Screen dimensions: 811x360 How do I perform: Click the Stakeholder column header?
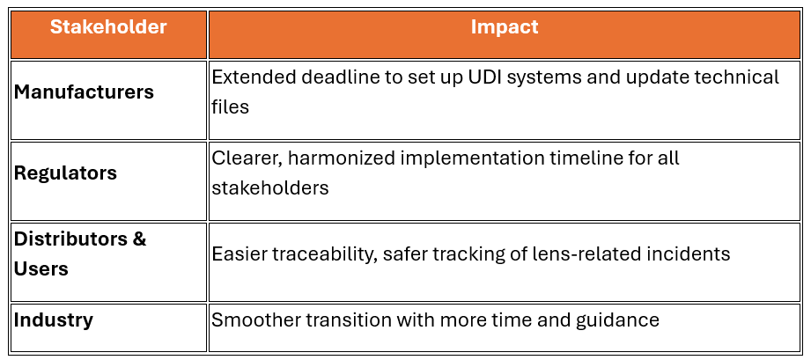point(108,27)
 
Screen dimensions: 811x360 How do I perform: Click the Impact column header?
point(505,27)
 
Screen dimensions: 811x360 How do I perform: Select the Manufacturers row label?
point(84,92)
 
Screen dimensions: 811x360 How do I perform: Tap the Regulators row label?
point(65,173)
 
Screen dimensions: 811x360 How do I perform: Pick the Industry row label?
point(53,320)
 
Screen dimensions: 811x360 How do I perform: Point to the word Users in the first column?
point(41,269)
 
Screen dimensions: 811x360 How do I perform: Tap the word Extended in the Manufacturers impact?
point(254,77)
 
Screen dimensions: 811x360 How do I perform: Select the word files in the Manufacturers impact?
point(230,107)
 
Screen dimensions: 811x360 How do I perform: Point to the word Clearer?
point(247,158)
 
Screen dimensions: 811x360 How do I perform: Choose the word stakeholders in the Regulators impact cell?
point(270,187)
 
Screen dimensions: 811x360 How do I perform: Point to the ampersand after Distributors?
point(138,239)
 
